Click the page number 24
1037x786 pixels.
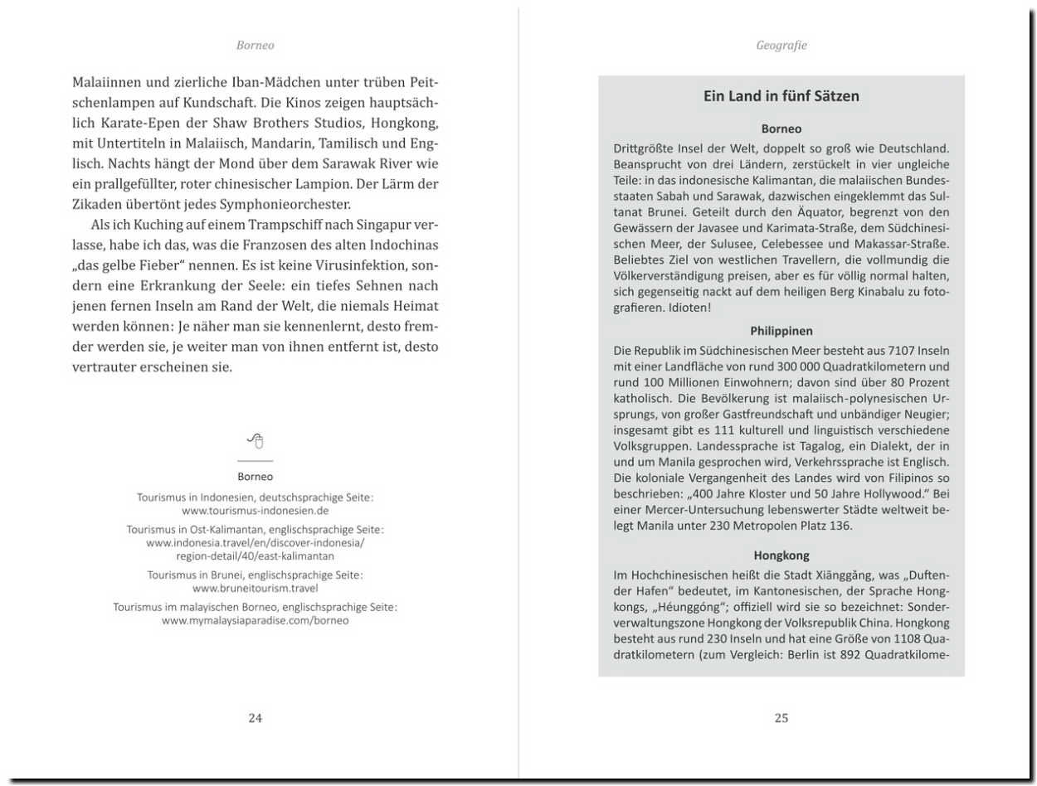(256, 718)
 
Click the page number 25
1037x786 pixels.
(781, 718)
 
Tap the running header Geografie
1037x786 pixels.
(781, 46)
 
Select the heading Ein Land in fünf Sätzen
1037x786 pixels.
(781, 96)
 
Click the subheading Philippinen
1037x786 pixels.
(781, 330)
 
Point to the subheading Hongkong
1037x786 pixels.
(781, 555)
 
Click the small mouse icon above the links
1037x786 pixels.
(256, 440)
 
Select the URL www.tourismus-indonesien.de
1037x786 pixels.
(256, 511)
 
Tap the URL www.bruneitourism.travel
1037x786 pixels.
(256, 588)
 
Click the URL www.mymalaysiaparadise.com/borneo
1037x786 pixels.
(256, 620)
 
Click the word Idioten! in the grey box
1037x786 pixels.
(687, 308)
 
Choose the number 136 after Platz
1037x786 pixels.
(840, 526)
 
